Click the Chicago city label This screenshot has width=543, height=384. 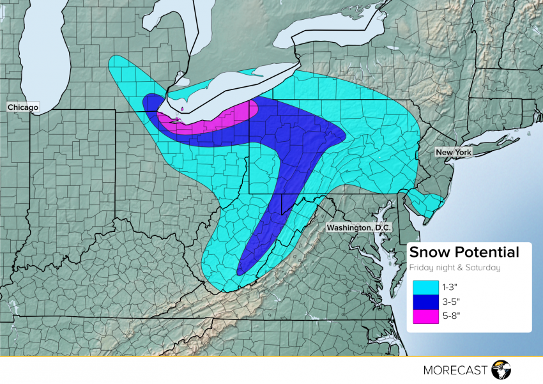click(x=23, y=107)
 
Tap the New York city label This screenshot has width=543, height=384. click(x=454, y=152)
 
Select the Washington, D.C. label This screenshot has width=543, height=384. click(x=358, y=227)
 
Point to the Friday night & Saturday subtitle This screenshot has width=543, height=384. click(x=455, y=268)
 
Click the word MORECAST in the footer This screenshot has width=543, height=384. click(x=455, y=369)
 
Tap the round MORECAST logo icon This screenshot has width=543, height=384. click(x=503, y=369)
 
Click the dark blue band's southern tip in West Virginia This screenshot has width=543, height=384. click(x=241, y=270)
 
